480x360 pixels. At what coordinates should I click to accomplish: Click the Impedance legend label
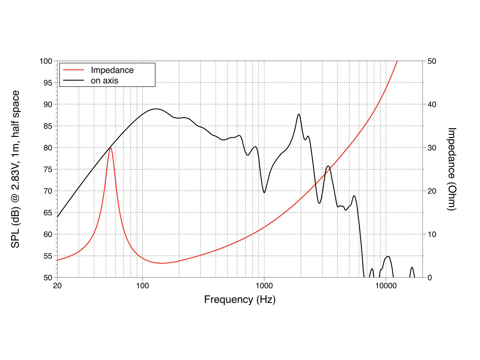112,70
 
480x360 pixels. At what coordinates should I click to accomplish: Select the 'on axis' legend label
104,81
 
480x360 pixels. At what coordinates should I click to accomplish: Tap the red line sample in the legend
73,70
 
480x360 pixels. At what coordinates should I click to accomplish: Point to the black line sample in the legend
73,80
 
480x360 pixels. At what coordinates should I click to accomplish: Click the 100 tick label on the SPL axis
46,61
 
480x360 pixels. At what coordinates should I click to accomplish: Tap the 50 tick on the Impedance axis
432,61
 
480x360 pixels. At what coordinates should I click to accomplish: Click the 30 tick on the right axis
432,148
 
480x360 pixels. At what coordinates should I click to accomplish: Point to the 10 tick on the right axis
432,235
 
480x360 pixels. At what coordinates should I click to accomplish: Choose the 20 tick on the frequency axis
57,286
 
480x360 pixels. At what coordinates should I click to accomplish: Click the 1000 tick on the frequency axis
264,286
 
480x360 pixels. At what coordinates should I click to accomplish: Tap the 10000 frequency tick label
386,286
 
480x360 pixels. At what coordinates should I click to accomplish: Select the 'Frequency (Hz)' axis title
240,300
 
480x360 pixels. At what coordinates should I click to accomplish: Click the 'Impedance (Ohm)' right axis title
451,169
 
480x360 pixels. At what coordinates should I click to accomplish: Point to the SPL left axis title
15,169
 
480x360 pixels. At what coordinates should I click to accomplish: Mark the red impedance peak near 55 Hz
111,148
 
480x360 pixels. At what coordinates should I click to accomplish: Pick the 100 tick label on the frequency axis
142,286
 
